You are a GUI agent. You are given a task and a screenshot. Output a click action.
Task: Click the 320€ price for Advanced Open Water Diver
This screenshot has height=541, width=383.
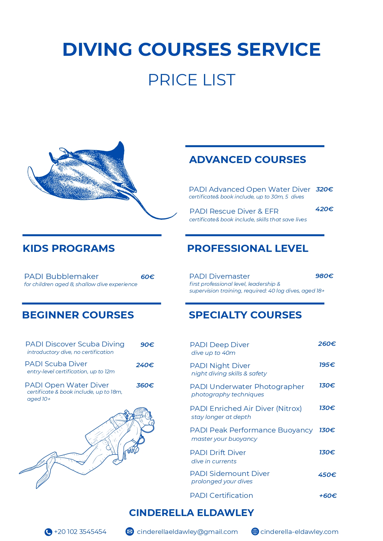point(324,189)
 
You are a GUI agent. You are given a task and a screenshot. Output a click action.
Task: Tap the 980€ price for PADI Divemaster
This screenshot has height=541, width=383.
point(324,276)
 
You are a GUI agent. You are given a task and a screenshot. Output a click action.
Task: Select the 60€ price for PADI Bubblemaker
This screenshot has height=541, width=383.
point(148,277)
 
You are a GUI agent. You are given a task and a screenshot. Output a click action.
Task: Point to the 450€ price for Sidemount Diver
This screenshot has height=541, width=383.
point(327,475)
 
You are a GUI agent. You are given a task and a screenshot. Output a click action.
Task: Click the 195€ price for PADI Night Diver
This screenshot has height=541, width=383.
point(327,365)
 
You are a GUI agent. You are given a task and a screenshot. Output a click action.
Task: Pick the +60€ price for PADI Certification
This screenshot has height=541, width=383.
point(328,496)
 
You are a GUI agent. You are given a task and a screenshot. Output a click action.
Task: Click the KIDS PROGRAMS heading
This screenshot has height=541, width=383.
point(69,248)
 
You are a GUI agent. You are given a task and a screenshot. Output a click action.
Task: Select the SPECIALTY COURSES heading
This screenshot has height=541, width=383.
point(245,315)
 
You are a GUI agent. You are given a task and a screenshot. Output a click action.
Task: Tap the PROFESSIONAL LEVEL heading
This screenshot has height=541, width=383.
point(248,248)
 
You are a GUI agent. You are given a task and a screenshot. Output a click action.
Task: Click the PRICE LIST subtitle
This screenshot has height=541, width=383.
point(191,80)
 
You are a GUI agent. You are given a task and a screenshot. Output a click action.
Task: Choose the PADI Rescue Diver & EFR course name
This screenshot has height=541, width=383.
point(234,211)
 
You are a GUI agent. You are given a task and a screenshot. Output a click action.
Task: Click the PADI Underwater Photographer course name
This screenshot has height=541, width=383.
point(247,387)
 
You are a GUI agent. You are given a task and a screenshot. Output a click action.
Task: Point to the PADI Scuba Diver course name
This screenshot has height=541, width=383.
point(56,364)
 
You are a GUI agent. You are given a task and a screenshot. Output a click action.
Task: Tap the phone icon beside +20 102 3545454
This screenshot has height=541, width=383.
point(48,532)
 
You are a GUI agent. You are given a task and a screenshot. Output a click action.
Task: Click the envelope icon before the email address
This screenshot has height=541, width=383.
point(130,531)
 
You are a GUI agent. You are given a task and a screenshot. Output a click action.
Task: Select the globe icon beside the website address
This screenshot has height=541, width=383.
point(255,531)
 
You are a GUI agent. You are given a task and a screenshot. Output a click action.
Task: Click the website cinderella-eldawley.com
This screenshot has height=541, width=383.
point(299,532)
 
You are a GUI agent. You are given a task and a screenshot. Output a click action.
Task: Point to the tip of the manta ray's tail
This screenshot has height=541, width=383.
point(177,213)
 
